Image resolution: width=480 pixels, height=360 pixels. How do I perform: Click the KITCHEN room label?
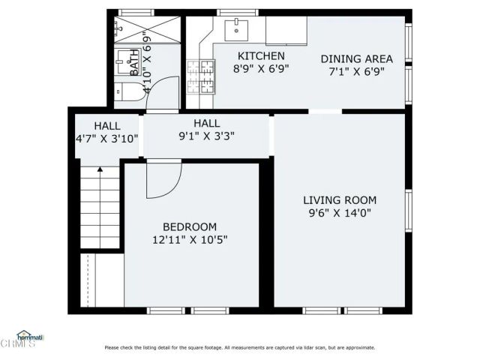(x=261, y=56)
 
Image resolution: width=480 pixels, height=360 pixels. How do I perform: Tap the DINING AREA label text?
(x=357, y=59)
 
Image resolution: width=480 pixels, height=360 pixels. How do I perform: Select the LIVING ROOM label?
(x=339, y=200)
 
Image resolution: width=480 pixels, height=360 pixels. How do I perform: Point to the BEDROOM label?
(x=190, y=227)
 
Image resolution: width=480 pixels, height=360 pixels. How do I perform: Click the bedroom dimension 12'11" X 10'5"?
(x=190, y=240)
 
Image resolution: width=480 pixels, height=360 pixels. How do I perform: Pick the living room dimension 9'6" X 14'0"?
(x=339, y=213)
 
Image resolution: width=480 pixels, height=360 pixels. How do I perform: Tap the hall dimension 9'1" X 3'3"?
(x=206, y=136)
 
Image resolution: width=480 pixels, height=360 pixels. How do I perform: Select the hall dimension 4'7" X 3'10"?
(x=106, y=138)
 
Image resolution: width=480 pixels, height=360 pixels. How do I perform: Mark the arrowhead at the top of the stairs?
(x=100, y=171)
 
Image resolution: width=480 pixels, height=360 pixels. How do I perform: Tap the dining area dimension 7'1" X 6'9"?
(x=357, y=72)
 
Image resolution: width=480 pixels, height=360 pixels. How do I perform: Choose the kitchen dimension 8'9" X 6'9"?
(x=261, y=69)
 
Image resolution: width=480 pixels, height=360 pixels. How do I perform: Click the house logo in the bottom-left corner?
(x=28, y=336)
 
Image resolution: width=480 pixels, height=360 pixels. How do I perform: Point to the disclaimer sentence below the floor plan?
(x=239, y=347)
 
